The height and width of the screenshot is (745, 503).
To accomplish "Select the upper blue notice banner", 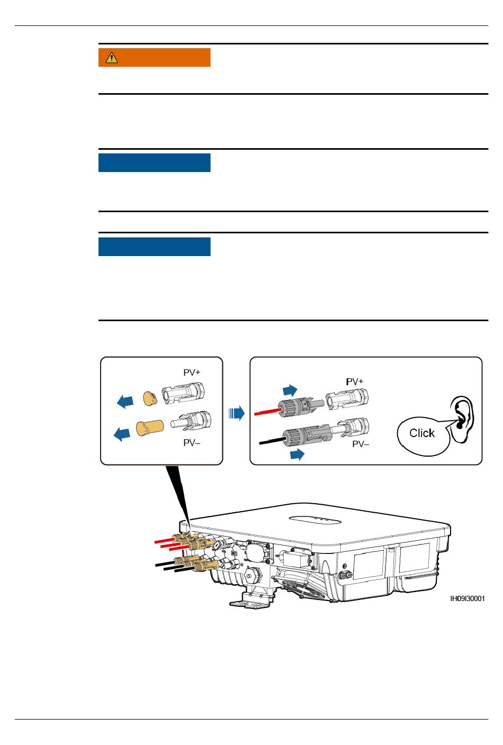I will (x=154, y=163).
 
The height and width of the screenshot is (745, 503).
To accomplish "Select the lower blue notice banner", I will (x=154, y=247).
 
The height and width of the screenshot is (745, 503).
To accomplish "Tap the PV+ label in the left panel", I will (x=192, y=373).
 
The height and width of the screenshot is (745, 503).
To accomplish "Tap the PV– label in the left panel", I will (x=192, y=443).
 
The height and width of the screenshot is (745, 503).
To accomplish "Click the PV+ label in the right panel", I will (x=355, y=381).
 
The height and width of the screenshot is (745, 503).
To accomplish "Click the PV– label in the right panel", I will (x=361, y=444).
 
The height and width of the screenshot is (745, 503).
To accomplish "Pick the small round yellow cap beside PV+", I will (x=150, y=398).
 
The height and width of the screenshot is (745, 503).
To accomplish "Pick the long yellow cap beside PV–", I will (x=148, y=427).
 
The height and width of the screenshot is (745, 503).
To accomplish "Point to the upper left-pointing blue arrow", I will (x=125, y=402).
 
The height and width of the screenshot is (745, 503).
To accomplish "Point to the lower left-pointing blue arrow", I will (x=122, y=435).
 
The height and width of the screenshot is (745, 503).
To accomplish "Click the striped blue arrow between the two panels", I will (x=237, y=413).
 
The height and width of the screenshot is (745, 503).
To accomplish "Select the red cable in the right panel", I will (x=267, y=412).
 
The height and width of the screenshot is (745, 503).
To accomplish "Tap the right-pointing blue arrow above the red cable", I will (x=290, y=390).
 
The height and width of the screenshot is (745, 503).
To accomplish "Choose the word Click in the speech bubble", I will (x=422, y=433).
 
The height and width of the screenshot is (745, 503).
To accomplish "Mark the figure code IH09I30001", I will (x=467, y=599).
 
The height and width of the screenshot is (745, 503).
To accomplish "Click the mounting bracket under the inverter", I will (x=249, y=600).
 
